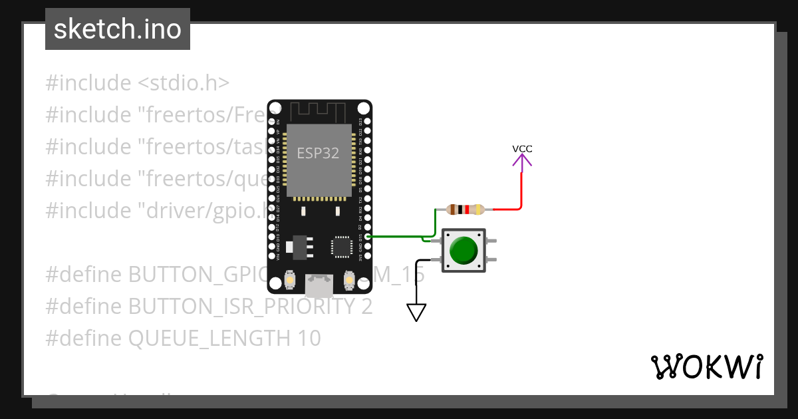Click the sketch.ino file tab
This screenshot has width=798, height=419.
pos(118,29)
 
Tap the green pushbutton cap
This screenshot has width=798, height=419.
pos(463,249)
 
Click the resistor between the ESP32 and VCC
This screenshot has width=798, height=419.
pos(465,209)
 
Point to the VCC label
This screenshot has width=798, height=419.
pos(522,148)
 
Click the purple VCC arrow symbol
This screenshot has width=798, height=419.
pos(522,160)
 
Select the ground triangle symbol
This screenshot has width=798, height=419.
pos(416,312)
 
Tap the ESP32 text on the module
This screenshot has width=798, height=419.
pos(318,154)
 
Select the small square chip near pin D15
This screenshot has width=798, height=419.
pos(342,246)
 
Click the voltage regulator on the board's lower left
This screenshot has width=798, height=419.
pos(297,247)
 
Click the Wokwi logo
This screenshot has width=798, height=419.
pos(706,366)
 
